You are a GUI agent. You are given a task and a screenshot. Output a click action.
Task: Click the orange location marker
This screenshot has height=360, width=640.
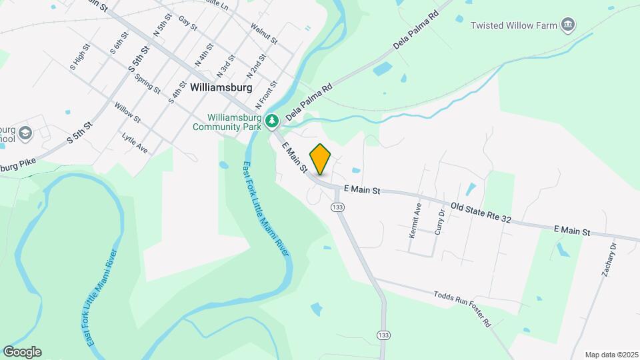tap(321, 159)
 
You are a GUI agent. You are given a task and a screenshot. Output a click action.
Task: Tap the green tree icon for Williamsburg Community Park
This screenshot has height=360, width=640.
tap(271, 121)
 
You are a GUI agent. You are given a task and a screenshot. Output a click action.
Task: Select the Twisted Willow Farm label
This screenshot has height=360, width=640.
tap(513, 25)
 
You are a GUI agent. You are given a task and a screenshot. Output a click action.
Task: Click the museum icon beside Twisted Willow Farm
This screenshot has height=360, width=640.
tap(568, 25)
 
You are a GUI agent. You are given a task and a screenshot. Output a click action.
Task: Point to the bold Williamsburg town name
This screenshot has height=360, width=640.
tap(221, 87)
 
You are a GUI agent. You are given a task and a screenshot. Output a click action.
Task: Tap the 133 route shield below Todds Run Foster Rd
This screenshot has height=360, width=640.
tap(382, 334)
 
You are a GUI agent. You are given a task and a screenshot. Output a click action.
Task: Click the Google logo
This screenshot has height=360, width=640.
tap(22, 352)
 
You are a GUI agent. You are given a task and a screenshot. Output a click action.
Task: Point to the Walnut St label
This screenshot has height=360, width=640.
tap(264, 33)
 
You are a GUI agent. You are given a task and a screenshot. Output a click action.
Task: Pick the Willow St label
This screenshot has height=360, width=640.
tap(127, 113)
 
